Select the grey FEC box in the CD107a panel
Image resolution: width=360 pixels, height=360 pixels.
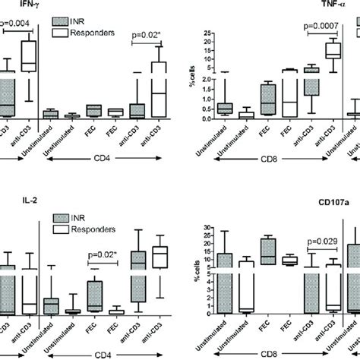(267, 250)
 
